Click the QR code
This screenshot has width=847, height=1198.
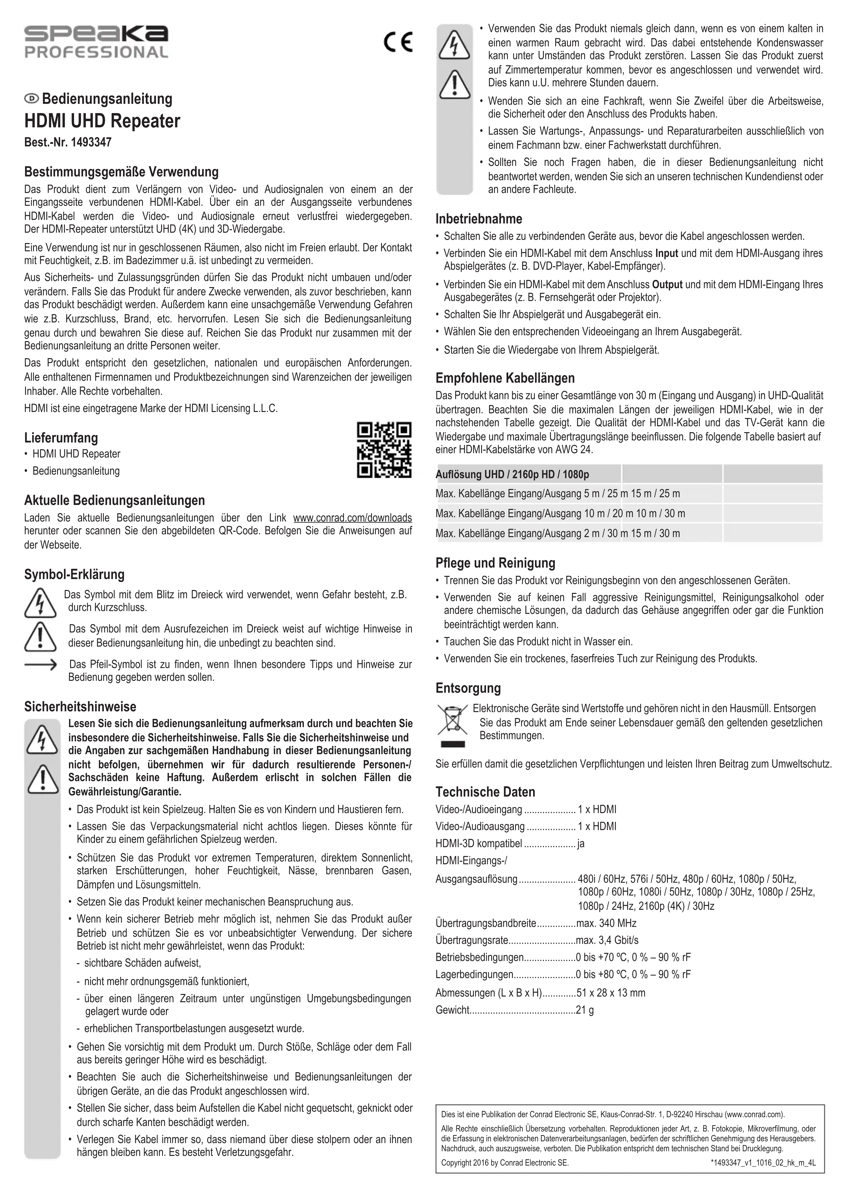click(384, 450)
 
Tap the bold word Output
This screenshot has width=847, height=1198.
click(667, 285)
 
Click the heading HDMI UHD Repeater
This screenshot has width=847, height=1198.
click(102, 121)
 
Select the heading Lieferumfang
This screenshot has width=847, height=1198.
click(61, 438)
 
